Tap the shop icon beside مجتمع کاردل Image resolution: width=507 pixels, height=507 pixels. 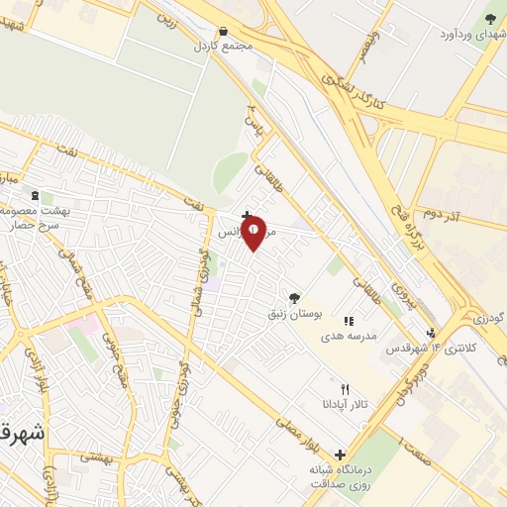[x=224, y=32]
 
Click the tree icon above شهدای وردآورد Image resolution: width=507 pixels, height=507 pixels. [x=491, y=18]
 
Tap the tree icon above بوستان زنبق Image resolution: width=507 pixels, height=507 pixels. [x=293, y=297]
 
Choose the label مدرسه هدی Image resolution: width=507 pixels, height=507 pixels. [x=349, y=336]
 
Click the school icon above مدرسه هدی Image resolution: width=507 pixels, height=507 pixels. [x=348, y=321]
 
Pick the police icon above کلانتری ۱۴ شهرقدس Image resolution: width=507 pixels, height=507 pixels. [x=431, y=333]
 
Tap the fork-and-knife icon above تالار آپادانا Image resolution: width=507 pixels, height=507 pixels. [x=345, y=389]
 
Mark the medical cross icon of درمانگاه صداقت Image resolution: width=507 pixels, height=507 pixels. [x=341, y=455]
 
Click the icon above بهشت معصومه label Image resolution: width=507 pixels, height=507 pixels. [x=36, y=197]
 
